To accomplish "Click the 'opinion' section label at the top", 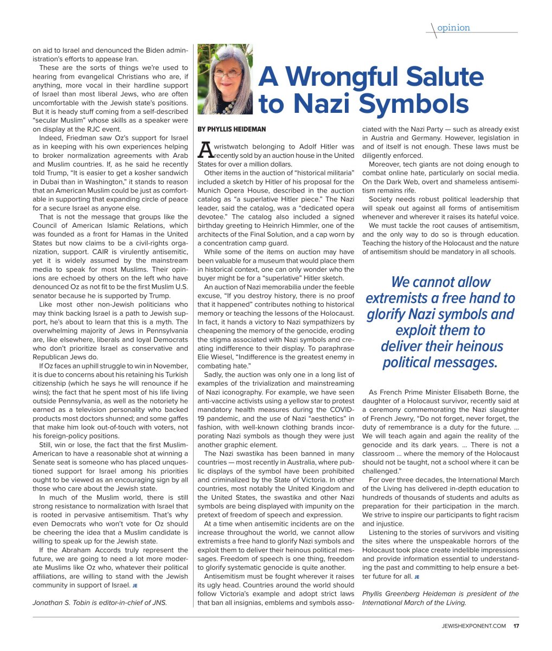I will [453, 28].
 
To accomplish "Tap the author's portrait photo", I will [224, 79].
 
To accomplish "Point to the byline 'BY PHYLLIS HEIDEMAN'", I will [232, 130].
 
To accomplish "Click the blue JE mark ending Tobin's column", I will [134, 585].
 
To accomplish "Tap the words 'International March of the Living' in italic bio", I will [414, 602].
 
